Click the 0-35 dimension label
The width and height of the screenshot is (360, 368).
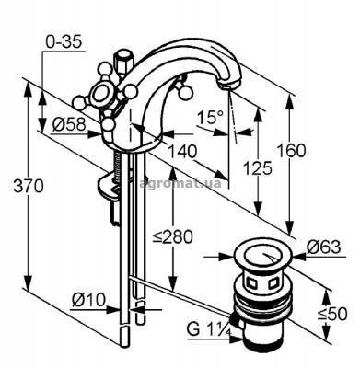[64, 41]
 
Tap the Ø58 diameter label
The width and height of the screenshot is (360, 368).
[68, 124]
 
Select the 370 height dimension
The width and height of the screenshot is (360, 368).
[29, 186]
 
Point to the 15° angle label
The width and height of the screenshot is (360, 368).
[210, 117]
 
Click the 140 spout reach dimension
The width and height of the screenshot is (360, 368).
[182, 151]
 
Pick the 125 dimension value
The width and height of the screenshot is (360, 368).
[258, 167]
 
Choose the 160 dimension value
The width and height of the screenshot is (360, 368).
[291, 150]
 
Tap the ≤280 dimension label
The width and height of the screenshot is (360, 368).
[173, 236]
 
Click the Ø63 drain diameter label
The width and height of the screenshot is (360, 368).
[324, 247]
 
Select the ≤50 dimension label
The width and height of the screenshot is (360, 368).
[332, 314]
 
